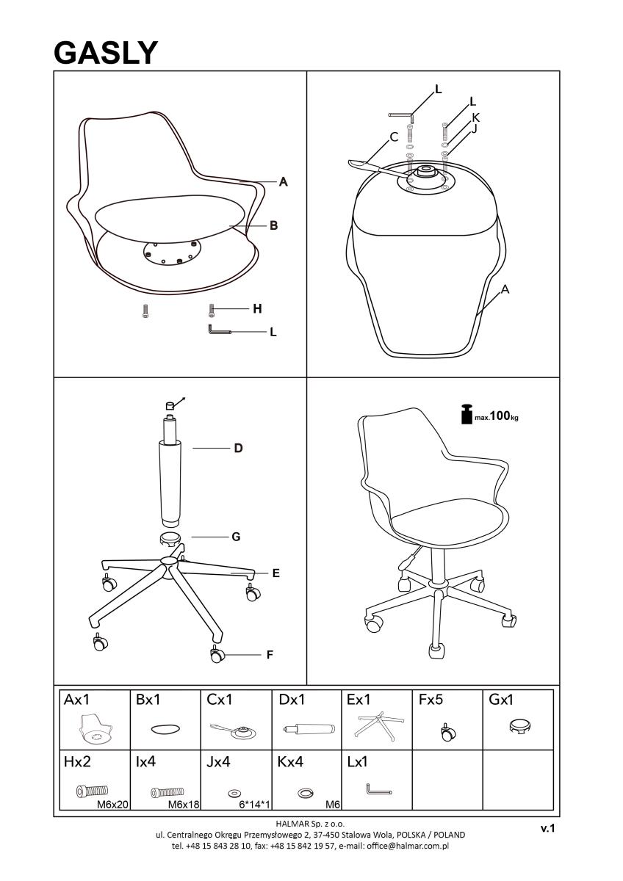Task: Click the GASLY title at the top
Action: click(x=106, y=53)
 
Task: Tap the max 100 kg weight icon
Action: click(x=467, y=414)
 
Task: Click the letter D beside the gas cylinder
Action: click(x=238, y=448)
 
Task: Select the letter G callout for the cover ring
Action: click(x=236, y=537)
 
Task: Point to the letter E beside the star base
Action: click(x=276, y=573)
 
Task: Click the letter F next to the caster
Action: click(x=270, y=655)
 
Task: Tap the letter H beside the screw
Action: click(x=257, y=309)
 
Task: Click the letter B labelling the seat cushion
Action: click(x=273, y=226)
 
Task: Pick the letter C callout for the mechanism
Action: click(x=394, y=137)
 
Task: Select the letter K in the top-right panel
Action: click(x=475, y=117)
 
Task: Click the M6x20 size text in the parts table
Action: click(x=112, y=805)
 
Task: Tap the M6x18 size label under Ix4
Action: click(x=184, y=805)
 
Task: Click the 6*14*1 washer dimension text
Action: click(x=255, y=805)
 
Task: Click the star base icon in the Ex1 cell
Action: click(x=378, y=724)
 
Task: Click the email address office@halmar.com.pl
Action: click(x=407, y=846)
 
